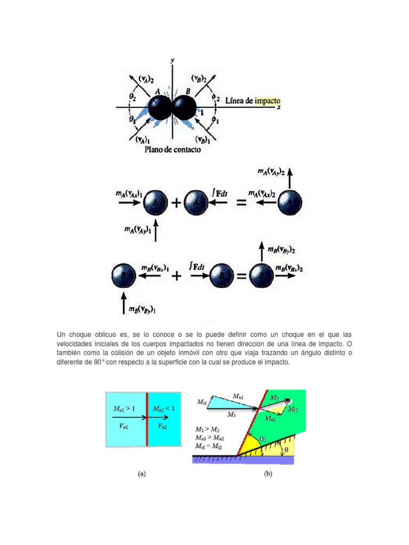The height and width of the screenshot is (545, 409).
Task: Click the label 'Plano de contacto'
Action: click(x=173, y=150)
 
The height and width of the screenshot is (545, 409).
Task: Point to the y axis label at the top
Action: click(x=172, y=60)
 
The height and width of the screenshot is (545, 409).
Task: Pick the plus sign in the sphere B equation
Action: click(x=177, y=276)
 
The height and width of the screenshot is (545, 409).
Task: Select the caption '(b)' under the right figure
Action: click(x=267, y=474)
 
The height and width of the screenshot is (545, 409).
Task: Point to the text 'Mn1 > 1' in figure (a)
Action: click(x=126, y=408)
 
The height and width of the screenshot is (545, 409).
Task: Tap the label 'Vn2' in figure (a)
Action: click(x=162, y=426)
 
